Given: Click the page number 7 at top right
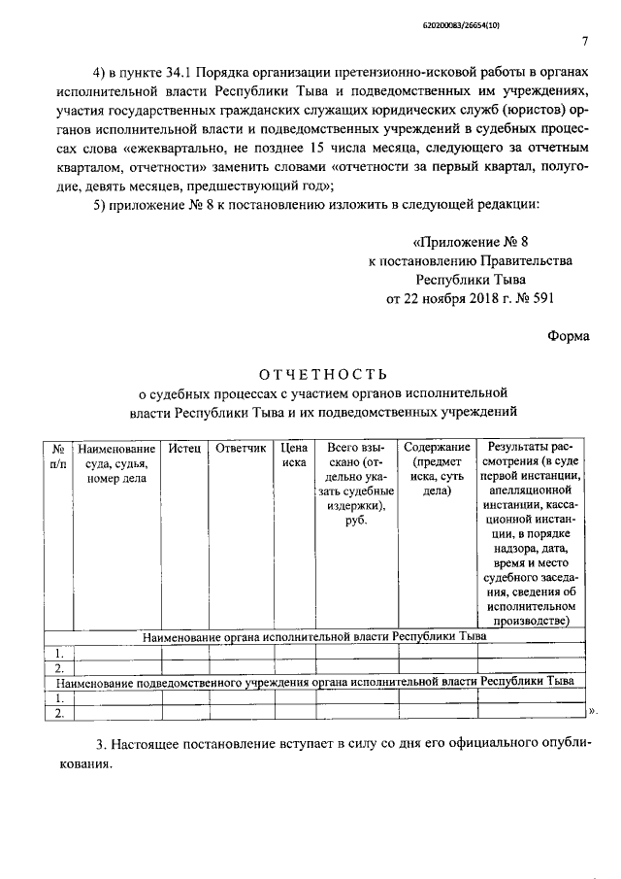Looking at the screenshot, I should tap(584, 41).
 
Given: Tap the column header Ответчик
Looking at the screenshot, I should tap(240, 450).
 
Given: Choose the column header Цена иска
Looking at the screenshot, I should tap(294, 456).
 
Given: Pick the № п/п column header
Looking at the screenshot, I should tap(58, 456).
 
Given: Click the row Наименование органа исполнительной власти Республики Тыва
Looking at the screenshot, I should tap(314, 637).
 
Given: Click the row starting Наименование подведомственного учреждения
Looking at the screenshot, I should tap(313, 682).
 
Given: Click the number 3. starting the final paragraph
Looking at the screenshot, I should tap(101, 745).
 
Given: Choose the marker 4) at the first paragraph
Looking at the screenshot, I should tap(100, 73).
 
